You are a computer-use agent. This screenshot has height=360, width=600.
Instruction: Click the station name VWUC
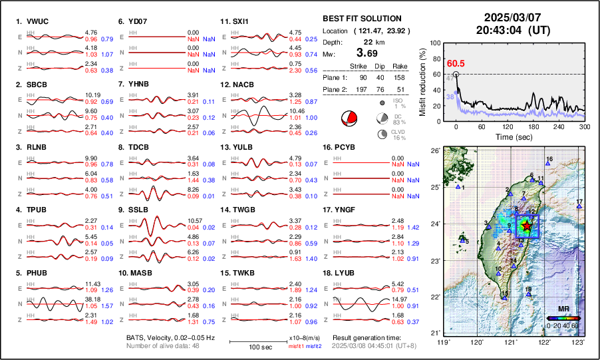tap(37, 21)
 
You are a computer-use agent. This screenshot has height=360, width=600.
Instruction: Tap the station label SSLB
tap(140, 210)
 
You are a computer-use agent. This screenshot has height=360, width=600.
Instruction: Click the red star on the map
tap(527, 226)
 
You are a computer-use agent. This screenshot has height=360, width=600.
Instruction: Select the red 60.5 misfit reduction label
tap(456, 63)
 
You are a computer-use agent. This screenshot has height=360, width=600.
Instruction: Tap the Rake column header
tap(418, 66)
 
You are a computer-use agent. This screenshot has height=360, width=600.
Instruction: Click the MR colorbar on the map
tap(563, 318)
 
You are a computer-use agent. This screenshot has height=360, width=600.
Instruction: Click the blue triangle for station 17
tap(579, 207)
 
